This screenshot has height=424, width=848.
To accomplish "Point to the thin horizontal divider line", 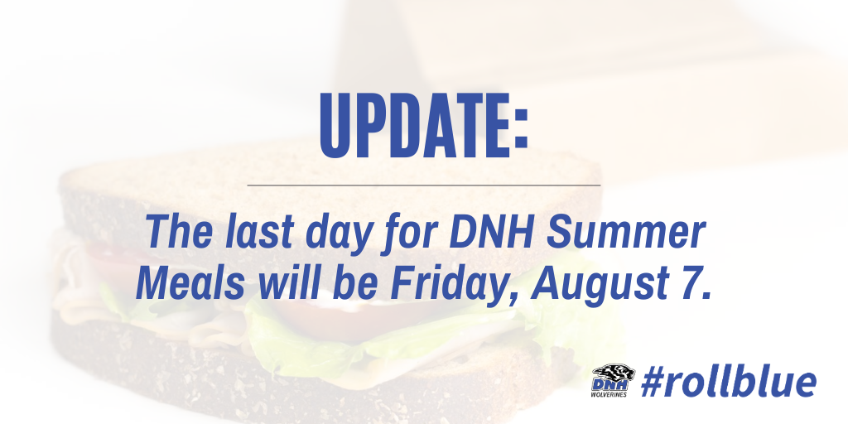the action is [423, 185].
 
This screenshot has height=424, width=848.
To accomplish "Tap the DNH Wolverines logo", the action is [610, 381].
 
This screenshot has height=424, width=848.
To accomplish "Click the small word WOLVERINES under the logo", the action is [609, 395].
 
